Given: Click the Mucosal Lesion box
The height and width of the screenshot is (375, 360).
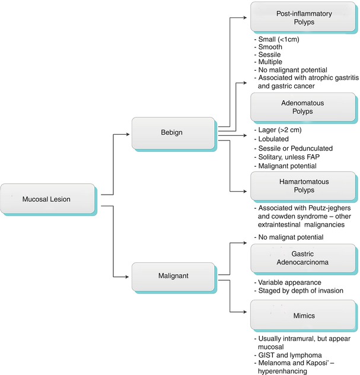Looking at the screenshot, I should tap(47, 199).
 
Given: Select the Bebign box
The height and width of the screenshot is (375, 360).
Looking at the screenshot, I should tap(173, 133).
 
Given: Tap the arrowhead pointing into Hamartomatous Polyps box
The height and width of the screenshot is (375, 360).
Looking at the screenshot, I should tap(247, 190).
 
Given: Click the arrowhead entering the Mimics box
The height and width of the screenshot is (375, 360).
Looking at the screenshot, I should tap(247, 313).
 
